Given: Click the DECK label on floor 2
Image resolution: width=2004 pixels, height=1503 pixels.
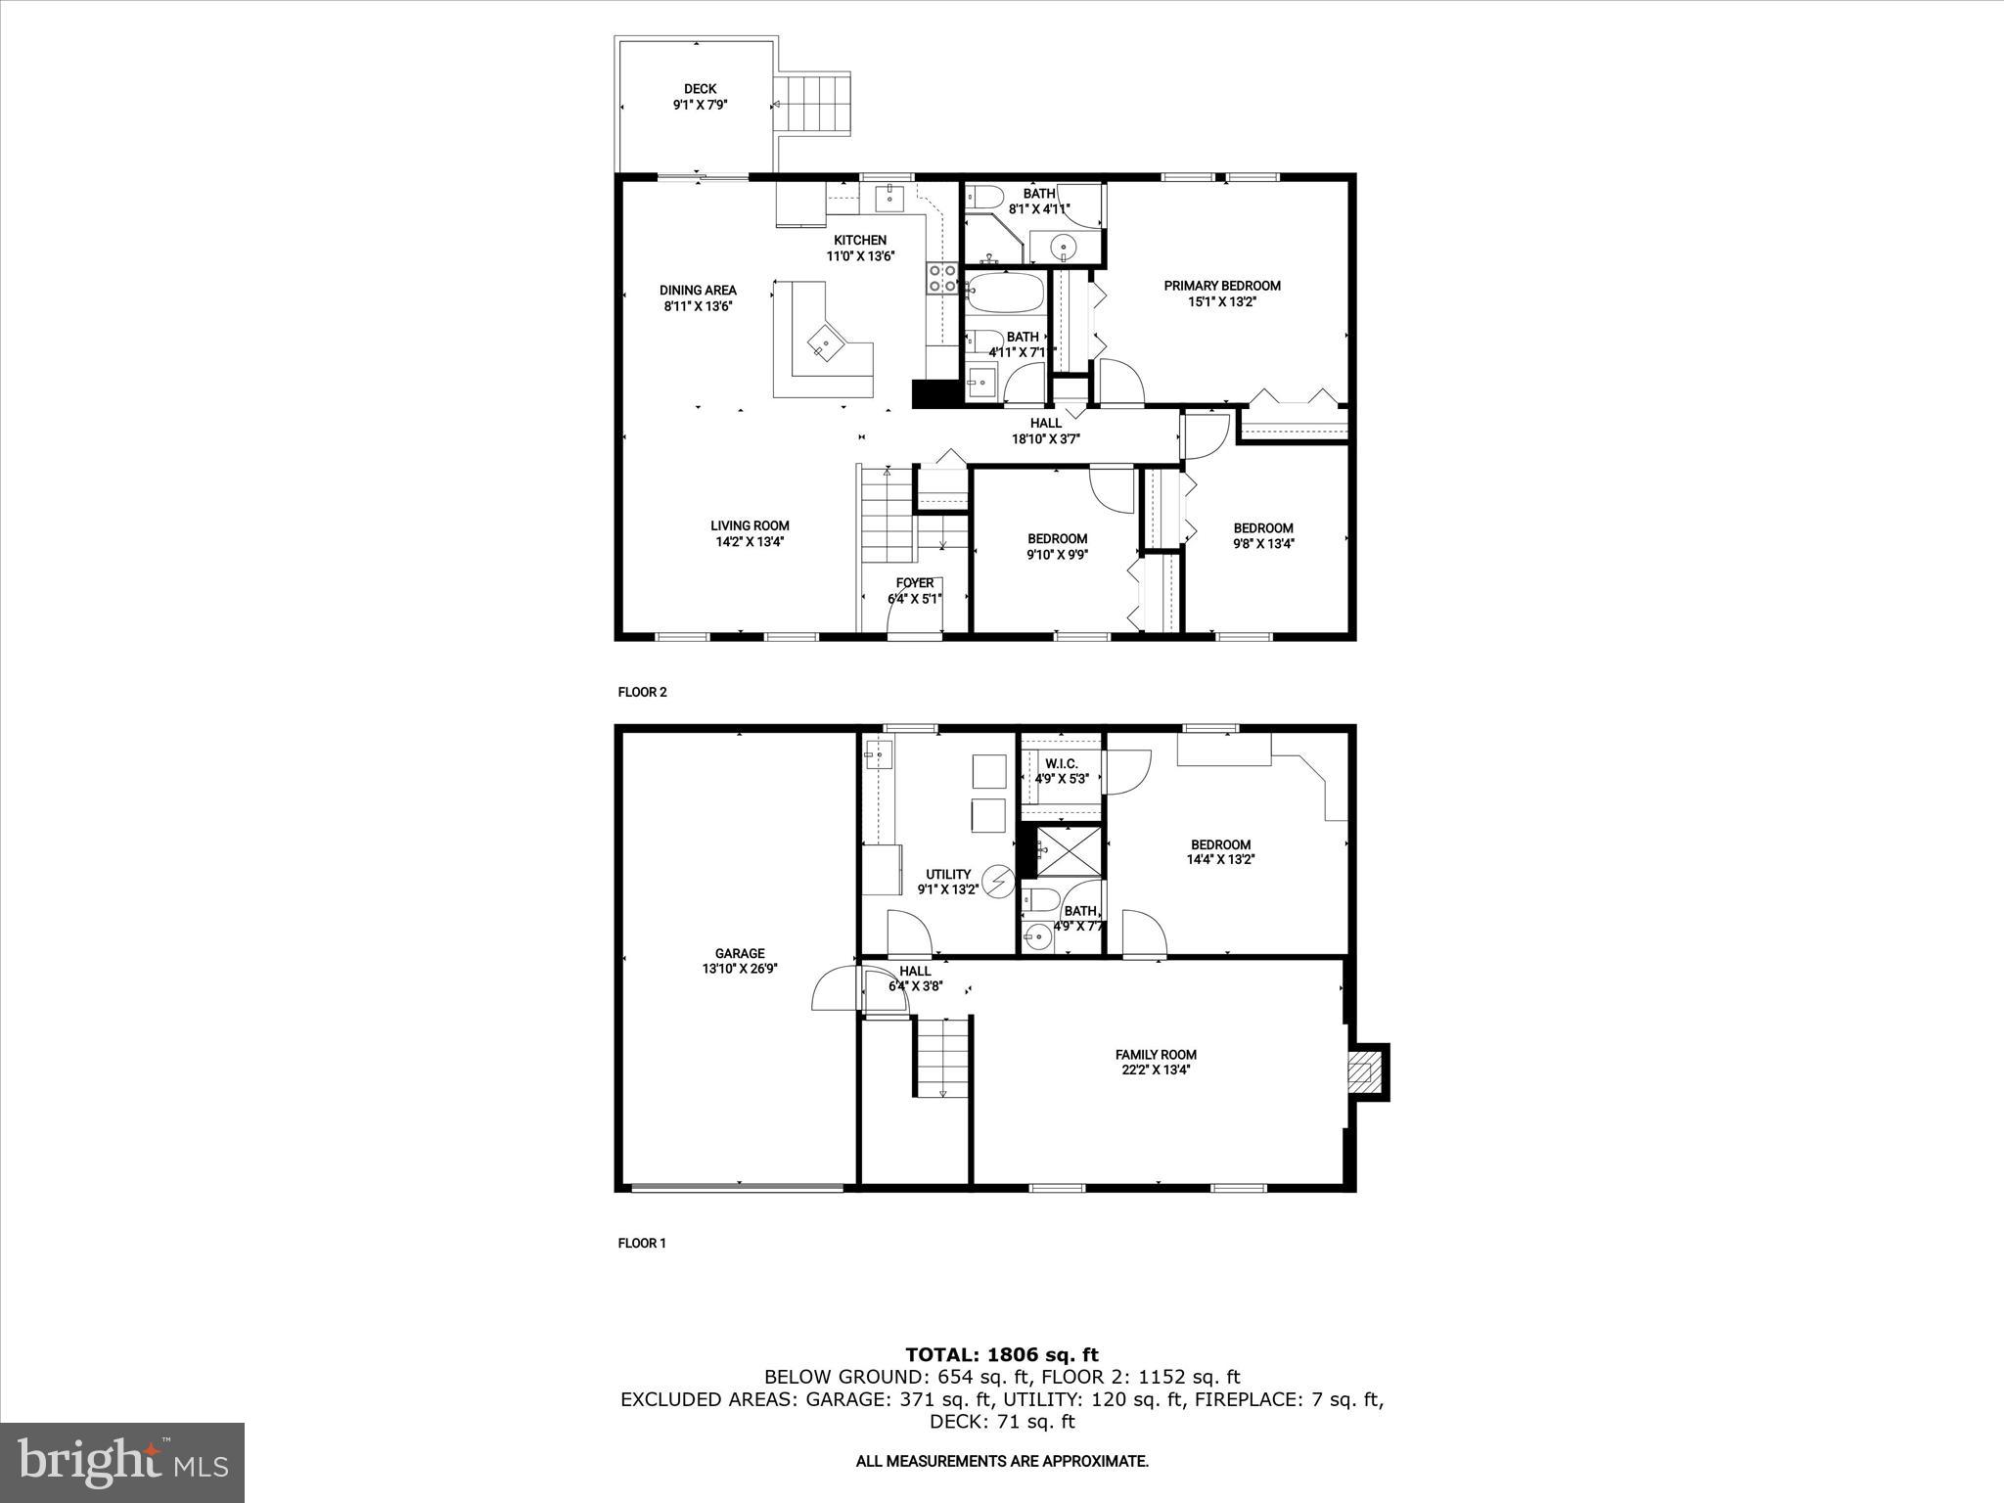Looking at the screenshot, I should [x=700, y=89].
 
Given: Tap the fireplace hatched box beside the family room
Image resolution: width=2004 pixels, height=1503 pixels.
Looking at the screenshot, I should [x=1367, y=1072].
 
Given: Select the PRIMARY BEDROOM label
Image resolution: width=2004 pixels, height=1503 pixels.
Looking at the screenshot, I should [x=1221, y=286].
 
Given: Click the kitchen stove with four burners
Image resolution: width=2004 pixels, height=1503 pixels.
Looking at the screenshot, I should [x=942, y=278].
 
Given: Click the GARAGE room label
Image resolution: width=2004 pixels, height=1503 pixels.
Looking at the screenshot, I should [x=739, y=953].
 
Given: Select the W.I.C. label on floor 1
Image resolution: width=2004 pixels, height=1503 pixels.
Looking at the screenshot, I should [x=1061, y=763].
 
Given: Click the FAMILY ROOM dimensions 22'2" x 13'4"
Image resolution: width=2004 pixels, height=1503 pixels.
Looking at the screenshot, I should [x=1156, y=1070].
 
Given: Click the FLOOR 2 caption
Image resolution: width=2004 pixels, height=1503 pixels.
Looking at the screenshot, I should [x=642, y=692].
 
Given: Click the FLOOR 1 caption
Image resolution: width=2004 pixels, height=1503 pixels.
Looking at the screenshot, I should [x=642, y=1244].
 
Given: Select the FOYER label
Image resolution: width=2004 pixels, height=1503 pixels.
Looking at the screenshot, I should [x=914, y=583].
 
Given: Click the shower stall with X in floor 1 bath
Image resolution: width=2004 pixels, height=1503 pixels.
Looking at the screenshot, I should [x=1067, y=850].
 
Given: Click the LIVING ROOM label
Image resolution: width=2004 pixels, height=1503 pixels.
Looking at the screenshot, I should [x=750, y=525].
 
